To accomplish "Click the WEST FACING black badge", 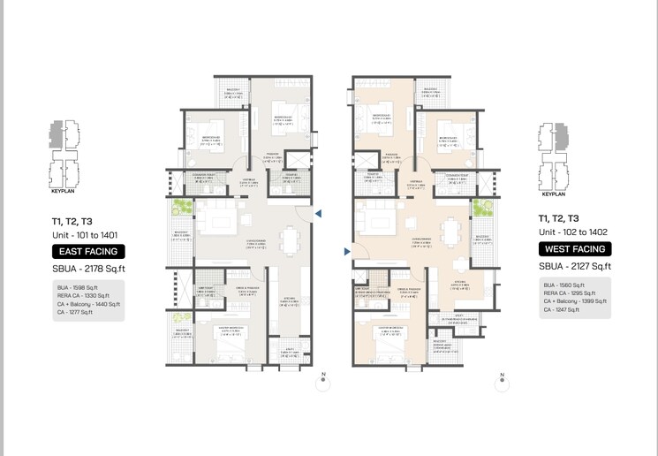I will click(574, 250).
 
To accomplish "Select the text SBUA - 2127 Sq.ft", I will click(575, 266).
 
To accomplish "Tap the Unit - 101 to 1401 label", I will click(85, 236).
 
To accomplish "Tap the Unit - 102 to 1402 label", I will click(573, 232).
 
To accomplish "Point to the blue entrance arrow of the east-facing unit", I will click(320, 213).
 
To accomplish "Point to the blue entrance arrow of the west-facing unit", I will click(347, 253).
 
